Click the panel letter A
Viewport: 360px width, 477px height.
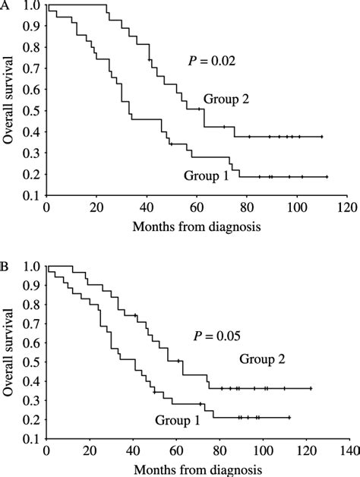coord(5,5)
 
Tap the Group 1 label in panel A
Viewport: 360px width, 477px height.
coord(204,175)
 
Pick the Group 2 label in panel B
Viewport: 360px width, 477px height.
coord(261,359)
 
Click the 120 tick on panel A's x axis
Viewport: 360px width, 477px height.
coord(346,206)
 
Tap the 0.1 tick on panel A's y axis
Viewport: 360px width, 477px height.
coord(32,195)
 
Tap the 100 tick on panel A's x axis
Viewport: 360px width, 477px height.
coord(296,206)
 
